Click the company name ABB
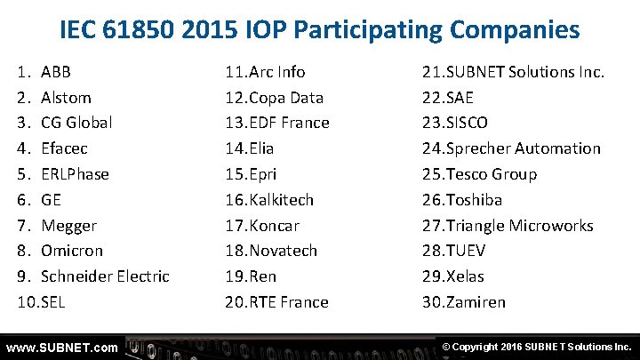point(56,72)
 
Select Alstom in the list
point(66,98)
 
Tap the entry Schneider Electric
point(105,276)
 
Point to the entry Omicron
point(72,251)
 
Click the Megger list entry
point(68,226)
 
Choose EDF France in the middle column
point(289,123)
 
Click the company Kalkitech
point(282,200)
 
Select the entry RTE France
point(289,302)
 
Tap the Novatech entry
point(283,251)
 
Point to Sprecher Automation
point(524,148)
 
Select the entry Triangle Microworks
point(520,226)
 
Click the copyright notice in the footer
point(535,347)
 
